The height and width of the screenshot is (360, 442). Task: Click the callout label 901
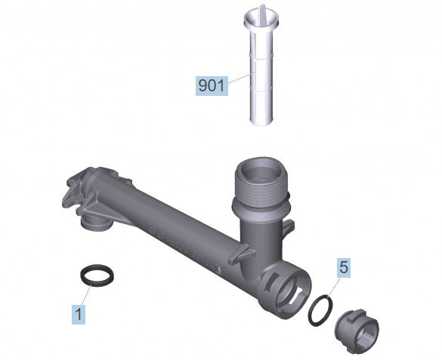coord(212,85)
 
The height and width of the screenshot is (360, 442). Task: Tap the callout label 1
coord(79,314)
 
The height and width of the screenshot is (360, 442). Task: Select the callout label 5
coord(344,267)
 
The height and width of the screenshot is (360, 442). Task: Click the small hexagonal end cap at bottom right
coord(357,331)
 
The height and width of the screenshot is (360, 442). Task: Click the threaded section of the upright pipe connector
coord(260,189)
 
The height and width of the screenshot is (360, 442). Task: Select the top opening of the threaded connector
coord(260,170)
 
